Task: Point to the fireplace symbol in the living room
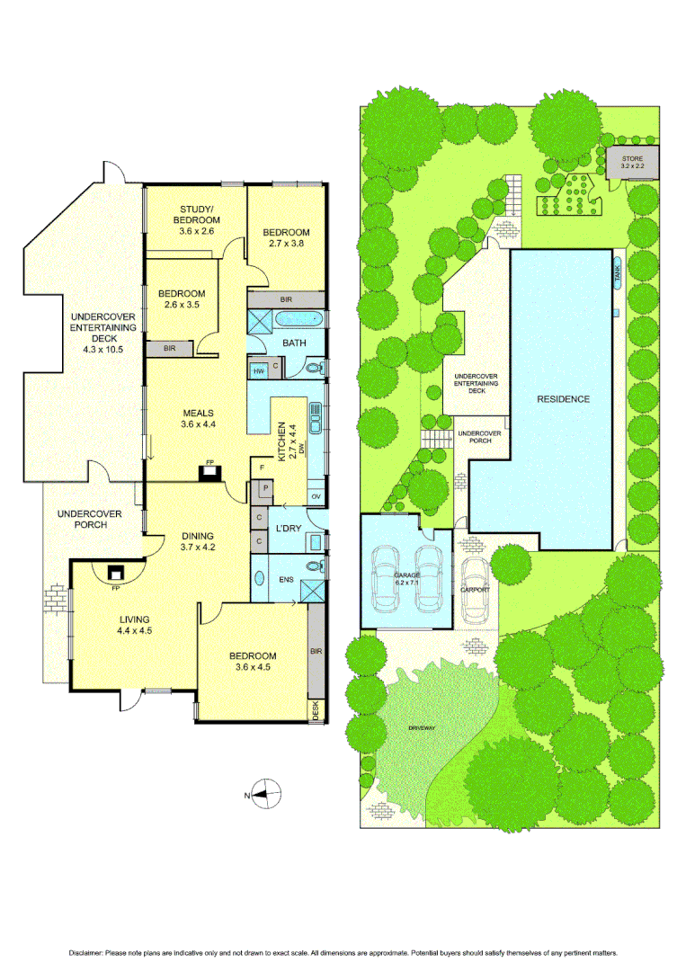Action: click(x=115, y=573)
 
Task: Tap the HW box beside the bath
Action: click(x=259, y=370)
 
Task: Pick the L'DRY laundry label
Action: click(x=288, y=528)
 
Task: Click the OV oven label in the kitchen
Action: click(x=316, y=495)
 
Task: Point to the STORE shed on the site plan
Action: click(x=632, y=162)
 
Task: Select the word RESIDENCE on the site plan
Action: click(x=564, y=398)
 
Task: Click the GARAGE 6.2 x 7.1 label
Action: click(x=406, y=578)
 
